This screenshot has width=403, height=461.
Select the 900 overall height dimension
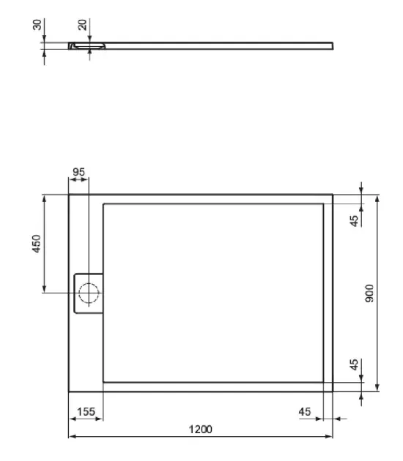pos(370,293)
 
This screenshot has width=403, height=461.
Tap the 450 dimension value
pos(37,244)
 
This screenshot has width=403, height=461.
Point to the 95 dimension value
pos(78,173)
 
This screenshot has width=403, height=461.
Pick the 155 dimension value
pos(86,412)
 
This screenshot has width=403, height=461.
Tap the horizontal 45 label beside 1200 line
pos(306,412)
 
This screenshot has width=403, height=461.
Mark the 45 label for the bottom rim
pos(354,364)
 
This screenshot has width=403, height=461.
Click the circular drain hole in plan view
pos(89,293)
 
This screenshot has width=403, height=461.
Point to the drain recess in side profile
pos(88,46)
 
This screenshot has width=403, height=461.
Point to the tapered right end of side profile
pos(331,45)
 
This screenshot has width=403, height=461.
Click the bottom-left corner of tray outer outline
pos(69,391)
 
